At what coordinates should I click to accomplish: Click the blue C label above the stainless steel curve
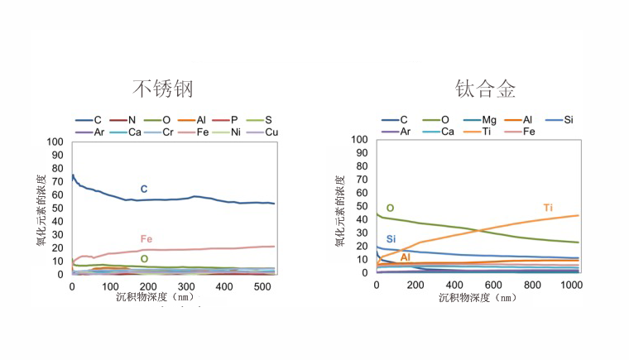[x=144, y=190]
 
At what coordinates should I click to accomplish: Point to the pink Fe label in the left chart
[x=146, y=239]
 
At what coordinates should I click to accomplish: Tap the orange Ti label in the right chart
[x=548, y=207]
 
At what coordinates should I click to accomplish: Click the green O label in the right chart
[x=390, y=209]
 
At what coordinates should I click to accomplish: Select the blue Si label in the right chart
[x=391, y=240]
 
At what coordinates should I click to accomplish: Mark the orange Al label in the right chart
[x=405, y=258]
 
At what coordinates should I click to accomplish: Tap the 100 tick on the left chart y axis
[x=55, y=142]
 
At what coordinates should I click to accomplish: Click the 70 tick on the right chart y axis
[x=361, y=180]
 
